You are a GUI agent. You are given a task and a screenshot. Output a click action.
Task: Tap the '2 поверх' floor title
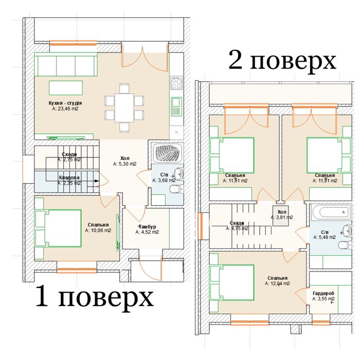tap(282, 61)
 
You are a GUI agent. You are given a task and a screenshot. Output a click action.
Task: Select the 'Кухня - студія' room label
tap(65, 103)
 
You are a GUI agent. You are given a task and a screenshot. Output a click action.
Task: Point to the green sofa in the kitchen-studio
tap(66, 65)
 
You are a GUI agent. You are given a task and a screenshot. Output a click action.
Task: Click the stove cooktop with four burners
tap(176, 83)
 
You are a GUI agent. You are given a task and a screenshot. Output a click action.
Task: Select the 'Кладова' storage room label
tap(68, 177)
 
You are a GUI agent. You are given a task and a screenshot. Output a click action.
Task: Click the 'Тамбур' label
tap(147, 227)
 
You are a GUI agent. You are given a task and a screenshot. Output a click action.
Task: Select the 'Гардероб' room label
tap(323, 293)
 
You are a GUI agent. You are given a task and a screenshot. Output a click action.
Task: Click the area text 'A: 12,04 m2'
tap(277, 283)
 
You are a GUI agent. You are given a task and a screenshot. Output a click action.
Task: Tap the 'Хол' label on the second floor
tap(281, 211)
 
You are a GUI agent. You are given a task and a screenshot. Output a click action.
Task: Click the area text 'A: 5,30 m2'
tap(125, 164)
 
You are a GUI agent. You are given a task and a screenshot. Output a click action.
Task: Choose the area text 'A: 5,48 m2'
tap(325, 237)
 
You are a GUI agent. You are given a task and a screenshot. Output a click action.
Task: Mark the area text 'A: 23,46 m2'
tap(65, 109)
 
